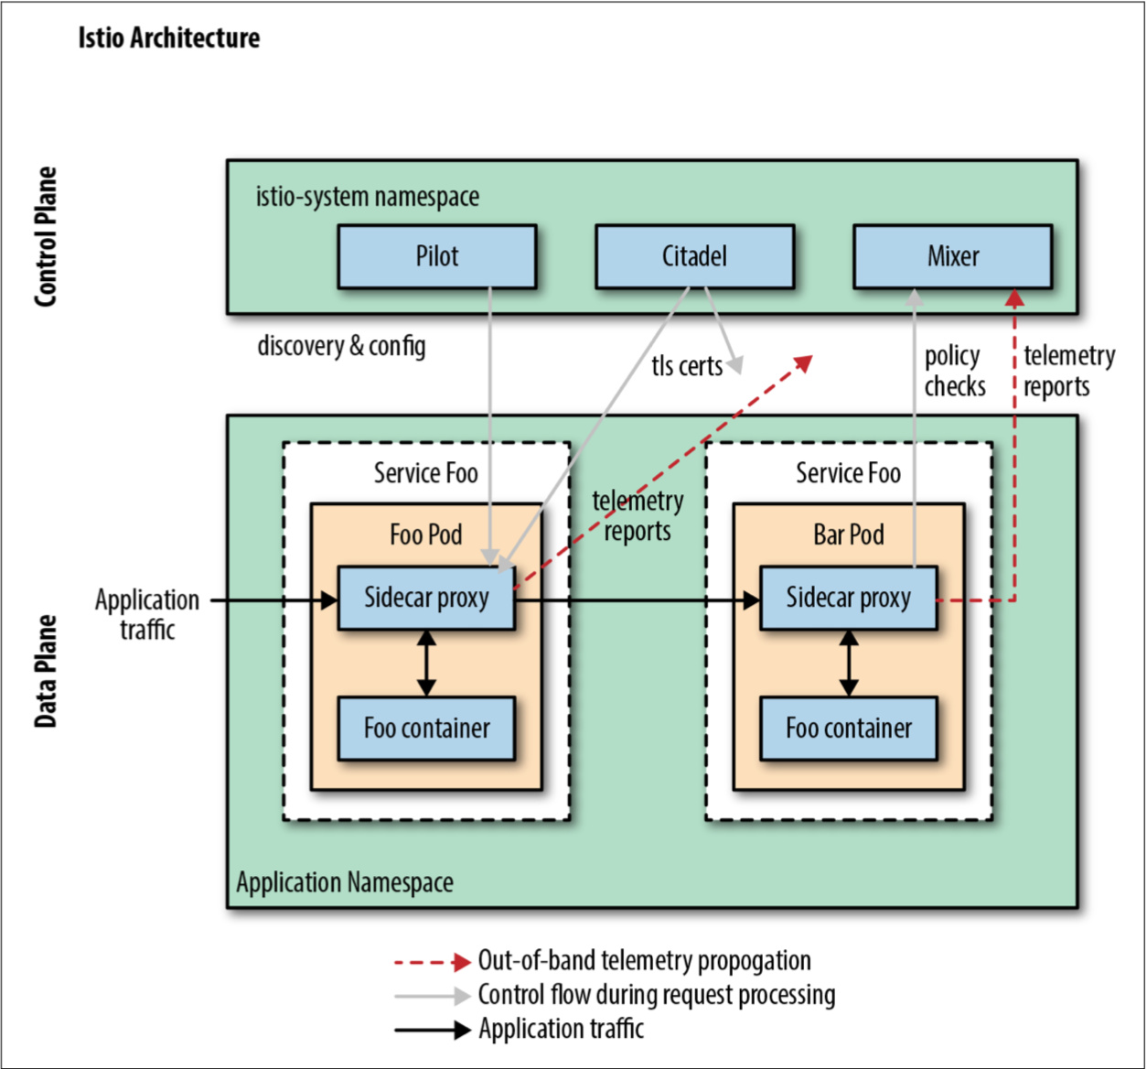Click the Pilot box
click(436, 256)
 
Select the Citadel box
click(694, 256)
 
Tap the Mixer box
click(952, 256)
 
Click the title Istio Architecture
click(168, 38)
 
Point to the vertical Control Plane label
click(46, 236)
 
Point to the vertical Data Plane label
click(46, 671)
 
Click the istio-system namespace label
click(367, 197)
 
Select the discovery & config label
click(341, 346)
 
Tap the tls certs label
click(686, 366)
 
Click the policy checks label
click(954, 371)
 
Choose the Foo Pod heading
click(425, 534)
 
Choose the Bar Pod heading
click(849, 534)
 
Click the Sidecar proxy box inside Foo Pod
click(426, 598)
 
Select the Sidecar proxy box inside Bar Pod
click(848, 598)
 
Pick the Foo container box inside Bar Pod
click(848, 729)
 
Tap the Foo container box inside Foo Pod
click(426, 729)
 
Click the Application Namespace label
click(345, 882)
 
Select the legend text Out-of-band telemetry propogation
click(644, 961)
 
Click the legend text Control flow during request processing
click(656, 995)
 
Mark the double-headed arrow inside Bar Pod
click(849, 663)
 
